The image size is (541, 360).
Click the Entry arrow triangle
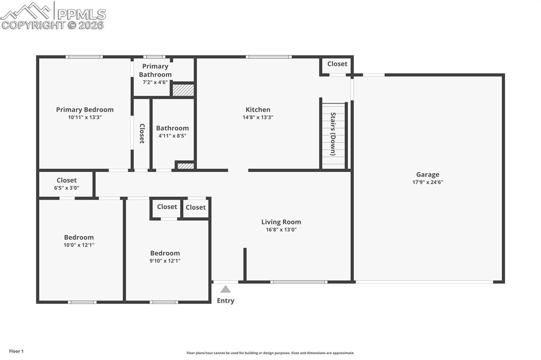[x=226, y=289]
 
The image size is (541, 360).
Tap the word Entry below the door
[x=226, y=301]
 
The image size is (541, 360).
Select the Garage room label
[x=427, y=175]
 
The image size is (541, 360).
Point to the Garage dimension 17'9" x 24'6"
[x=427, y=183]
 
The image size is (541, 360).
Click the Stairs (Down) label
[x=333, y=134]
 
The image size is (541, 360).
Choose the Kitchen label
[x=258, y=110]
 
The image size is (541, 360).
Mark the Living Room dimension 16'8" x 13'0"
[x=281, y=230]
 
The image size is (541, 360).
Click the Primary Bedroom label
[x=85, y=110]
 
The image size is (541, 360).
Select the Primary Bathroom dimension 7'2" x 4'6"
[x=155, y=82]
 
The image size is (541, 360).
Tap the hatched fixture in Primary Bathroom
[x=183, y=90]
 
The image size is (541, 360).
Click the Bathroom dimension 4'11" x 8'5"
[x=172, y=136]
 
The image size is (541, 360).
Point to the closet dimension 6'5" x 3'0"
[x=67, y=188]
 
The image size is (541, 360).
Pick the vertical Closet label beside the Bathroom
[x=142, y=134]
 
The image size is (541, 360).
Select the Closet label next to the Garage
[x=337, y=64]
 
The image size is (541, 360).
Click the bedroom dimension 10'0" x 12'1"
[x=79, y=245]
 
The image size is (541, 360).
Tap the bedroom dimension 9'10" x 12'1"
[x=165, y=261]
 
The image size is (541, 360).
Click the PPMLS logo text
[x=81, y=14]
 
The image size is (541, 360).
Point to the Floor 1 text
[x=16, y=351]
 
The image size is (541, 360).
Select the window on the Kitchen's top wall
[x=268, y=56]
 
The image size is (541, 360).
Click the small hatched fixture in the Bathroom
[x=185, y=166]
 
